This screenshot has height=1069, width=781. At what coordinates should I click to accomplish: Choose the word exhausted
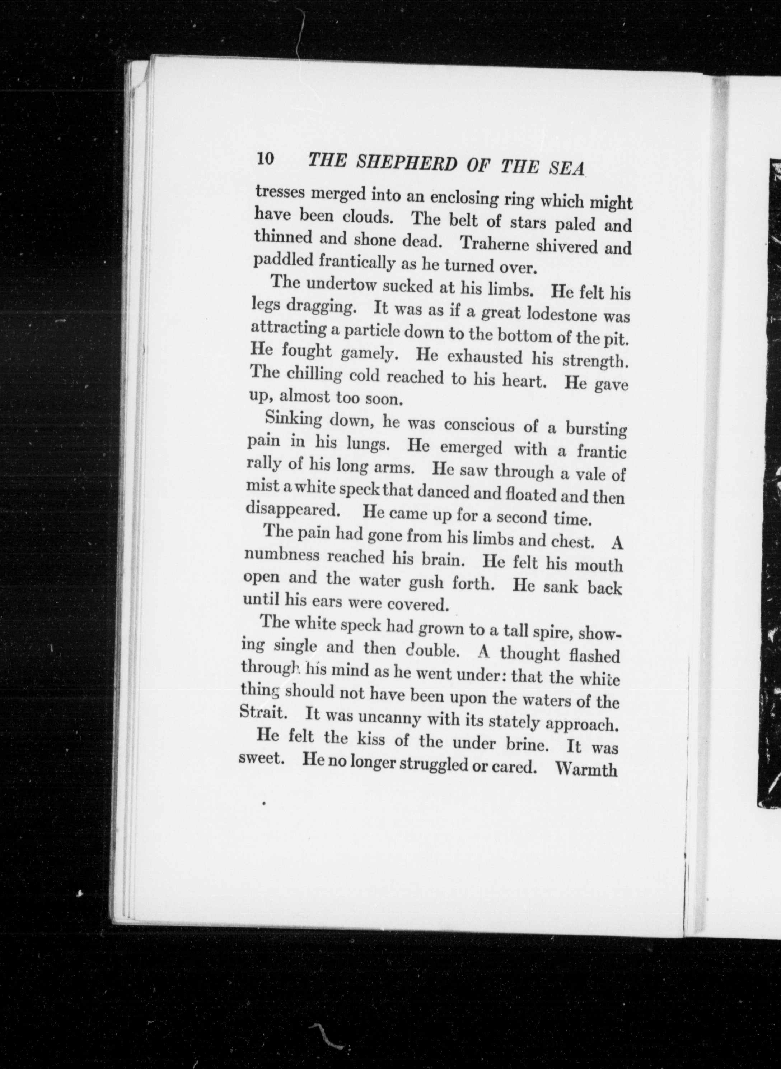[x=484, y=357]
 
